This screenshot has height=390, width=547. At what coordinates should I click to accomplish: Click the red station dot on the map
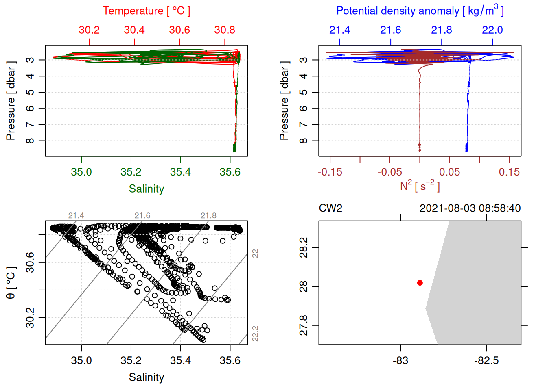(420, 283)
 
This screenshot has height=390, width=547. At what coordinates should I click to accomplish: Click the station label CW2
(330, 208)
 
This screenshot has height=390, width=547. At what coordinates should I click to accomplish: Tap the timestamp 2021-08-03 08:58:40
(470, 208)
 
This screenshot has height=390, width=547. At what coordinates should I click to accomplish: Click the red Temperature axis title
(146, 11)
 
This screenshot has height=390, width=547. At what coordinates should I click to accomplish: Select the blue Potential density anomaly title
(420, 11)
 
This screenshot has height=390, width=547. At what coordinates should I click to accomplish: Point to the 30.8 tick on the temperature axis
(225, 30)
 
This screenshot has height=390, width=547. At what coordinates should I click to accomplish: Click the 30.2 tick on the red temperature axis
(89, 30)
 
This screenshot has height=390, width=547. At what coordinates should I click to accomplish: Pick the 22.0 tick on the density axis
(492, 30)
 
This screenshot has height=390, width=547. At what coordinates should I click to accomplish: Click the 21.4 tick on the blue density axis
(339, 30)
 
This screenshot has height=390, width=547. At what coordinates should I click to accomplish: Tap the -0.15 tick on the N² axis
(330, 172)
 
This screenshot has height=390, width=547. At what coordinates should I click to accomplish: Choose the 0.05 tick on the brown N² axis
(449, 172)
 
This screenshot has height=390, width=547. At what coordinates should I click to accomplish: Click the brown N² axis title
(420, 186)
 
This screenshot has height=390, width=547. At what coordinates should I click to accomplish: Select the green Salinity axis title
(146, 189)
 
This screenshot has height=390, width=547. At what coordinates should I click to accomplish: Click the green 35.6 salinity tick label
(230, 172)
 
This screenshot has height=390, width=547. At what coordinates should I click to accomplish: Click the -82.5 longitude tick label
(486, 360)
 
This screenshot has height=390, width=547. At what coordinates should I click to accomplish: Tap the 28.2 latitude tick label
(304, 247)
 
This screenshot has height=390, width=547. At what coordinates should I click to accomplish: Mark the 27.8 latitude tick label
(304, 325)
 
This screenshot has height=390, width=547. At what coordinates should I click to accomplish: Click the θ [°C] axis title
(11, 283)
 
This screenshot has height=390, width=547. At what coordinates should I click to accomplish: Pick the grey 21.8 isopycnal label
(208, 216)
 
